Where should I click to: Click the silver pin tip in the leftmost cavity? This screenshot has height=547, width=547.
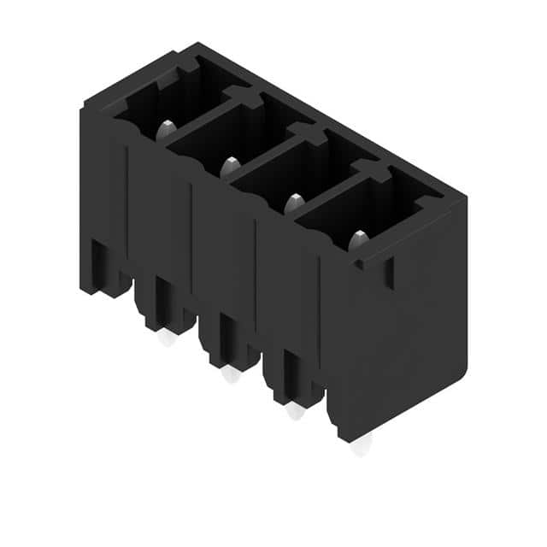tap(167, 129)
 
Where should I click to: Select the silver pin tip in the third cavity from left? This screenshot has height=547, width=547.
tap(294, 203)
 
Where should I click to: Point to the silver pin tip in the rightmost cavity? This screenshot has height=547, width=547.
tap(357, 240)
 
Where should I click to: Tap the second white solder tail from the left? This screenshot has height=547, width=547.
tap(230, 374)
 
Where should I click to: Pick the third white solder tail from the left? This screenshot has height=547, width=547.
tap(295, 411)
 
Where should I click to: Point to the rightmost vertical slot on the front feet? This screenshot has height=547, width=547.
tap(290, 371)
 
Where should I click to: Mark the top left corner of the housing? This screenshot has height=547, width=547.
tap(85, 107)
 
